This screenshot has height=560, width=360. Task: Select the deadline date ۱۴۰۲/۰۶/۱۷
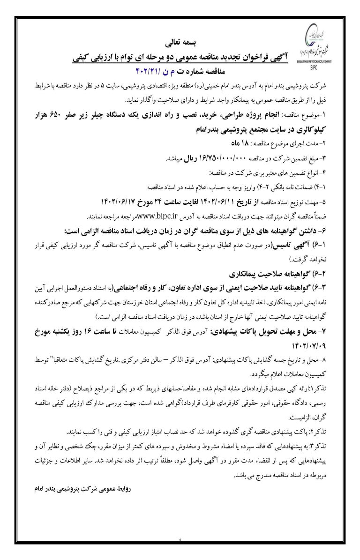tap(119, 202)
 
